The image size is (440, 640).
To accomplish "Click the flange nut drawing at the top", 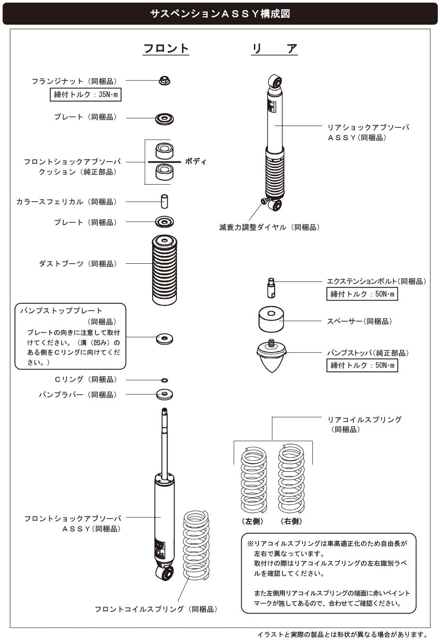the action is coord(165,80).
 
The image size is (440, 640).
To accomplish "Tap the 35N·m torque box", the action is coord(85,95).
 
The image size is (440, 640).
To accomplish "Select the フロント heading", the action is coord(166,48).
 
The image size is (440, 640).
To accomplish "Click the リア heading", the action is coord(275,48).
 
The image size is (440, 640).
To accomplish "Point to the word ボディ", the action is coord(196,161).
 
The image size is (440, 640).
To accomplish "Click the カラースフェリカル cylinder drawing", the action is coord(165,201).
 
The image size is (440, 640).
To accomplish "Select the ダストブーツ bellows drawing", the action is coord(165,270).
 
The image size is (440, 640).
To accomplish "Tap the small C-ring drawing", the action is coord(165,380).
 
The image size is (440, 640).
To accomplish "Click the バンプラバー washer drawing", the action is coord(165,394).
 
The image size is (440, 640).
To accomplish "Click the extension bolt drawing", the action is coord(271,288).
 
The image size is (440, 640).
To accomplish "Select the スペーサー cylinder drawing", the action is coord(271,320).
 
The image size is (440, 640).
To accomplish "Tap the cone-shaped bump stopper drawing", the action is coord(271,356).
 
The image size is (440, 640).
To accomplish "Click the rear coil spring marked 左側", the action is coord(254,480).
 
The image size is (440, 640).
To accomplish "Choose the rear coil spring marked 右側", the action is coord(291,479).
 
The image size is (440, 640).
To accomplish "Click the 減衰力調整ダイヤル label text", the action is coord(269,227).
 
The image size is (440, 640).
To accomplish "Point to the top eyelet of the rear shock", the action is coord(275,81).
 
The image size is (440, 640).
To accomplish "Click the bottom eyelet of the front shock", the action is coord(165,573).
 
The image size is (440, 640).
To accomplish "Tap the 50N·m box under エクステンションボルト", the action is coord(362,294).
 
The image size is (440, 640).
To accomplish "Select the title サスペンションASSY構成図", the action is coord(220,14).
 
